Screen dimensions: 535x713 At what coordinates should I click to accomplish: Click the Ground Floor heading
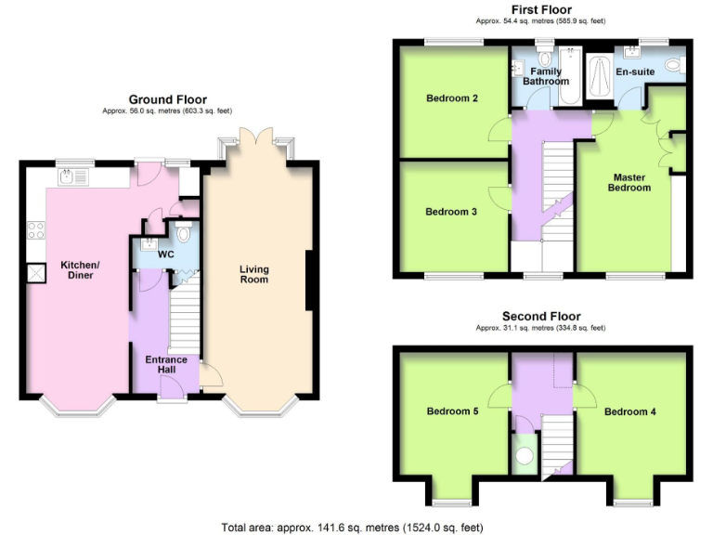point(167,99)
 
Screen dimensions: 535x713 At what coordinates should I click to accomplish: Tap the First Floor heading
point(541,9)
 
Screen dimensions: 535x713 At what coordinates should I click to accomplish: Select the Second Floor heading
point(540,316)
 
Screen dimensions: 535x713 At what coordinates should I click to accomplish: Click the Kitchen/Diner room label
point(80,271)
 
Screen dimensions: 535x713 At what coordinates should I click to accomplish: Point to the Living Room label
point(253,274)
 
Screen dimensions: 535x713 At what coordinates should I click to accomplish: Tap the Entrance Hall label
point(165,365)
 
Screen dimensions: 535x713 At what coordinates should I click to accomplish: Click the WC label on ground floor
point(166,254)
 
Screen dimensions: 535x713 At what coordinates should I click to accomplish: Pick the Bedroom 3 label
point(451,212)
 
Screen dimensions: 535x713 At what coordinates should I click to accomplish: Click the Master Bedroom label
point(629,182)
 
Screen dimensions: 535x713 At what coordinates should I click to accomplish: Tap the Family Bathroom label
point(545,76)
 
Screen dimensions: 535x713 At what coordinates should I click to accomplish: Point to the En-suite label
point(635,72)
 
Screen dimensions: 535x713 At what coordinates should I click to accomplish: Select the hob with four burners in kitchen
point(37,232)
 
